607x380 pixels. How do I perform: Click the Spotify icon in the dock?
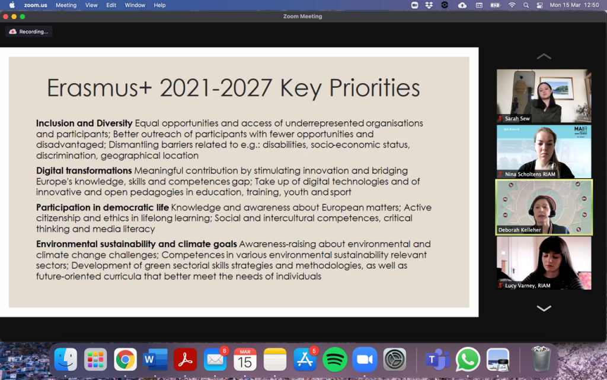coord(335,359)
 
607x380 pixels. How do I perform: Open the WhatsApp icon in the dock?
coord(468,359)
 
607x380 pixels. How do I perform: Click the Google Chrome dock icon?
coord(125,360)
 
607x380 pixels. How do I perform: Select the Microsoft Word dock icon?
coord(155,359)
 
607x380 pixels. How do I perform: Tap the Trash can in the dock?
coord(541,359)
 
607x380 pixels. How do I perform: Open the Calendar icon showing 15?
coord(245,359)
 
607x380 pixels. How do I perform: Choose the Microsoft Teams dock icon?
coord(437,359)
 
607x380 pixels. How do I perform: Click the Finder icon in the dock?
coord(65,359)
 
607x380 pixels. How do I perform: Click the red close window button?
coord(5,16)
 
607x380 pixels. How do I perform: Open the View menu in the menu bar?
coord(91,5)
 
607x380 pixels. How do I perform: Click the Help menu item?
coord(159,5)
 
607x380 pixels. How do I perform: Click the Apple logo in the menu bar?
coord(12,5)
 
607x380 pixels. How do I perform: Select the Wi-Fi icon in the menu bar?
coord(512,5)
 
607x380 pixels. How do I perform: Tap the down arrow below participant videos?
coord(544,309)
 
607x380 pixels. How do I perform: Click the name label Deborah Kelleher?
coord(519,230)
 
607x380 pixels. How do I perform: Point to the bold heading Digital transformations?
coord(84,170)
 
